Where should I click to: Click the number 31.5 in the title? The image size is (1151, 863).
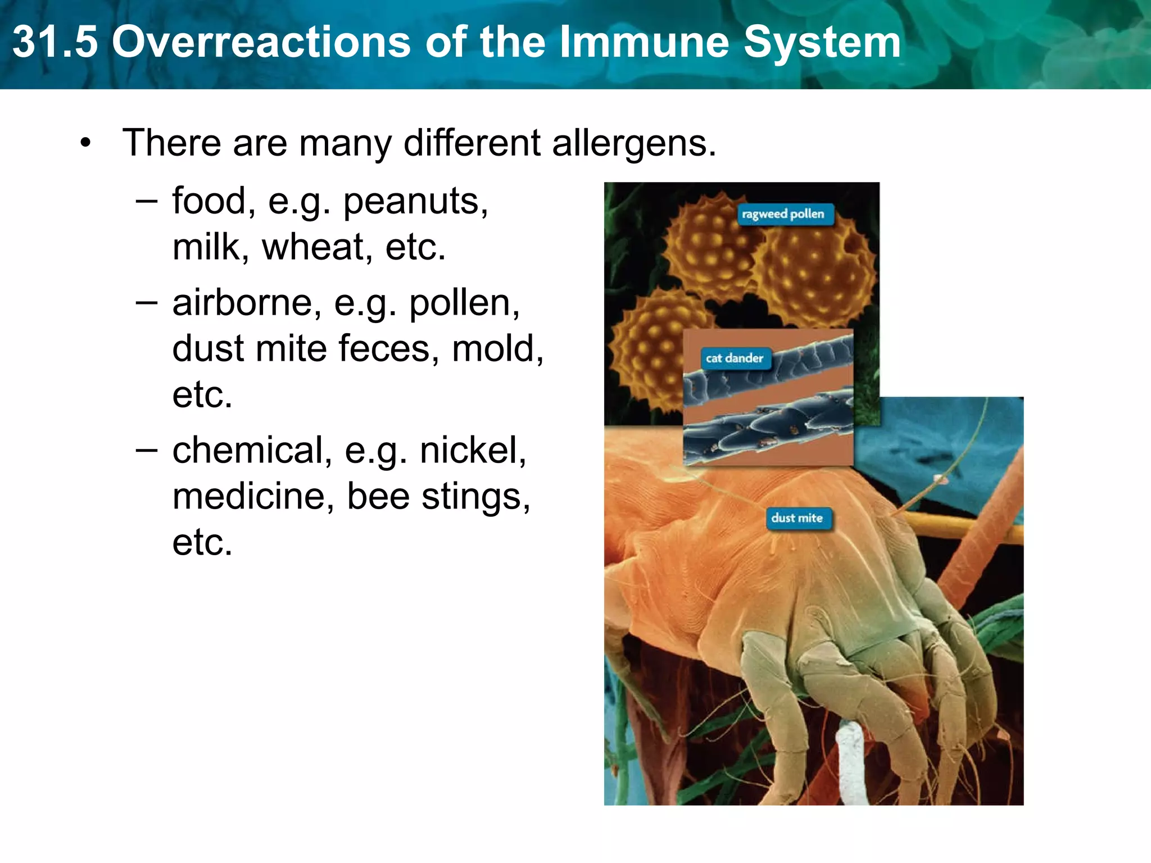click(x=55, y=43)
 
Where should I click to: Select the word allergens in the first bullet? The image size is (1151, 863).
click(x=633, y=144)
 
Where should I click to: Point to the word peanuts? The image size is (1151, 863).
click(x=415, y=202)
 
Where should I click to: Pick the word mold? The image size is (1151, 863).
click(x=497, y=349)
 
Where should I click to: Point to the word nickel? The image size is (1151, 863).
click(x=473, y=451)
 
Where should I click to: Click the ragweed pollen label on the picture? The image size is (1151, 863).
click(x=784, y=214)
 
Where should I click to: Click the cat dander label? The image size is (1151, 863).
click(x=735, y=358)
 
